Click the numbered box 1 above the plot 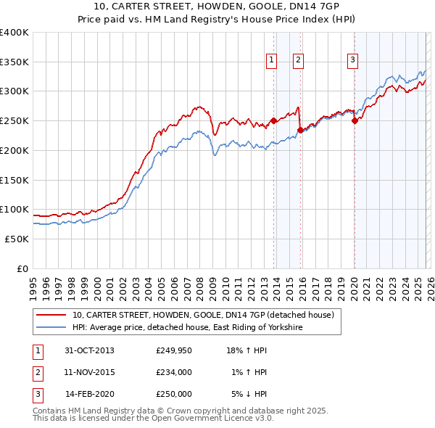pos(271,60)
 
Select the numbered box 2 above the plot pos(298,60)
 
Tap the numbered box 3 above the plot pos(352,60)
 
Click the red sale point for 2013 pos(274,121)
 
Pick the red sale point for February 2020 pos(355,121)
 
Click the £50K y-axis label pos(17,239)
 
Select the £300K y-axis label pos(14,91)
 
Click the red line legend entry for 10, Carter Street pos(202,316)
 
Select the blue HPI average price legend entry pos(186,328)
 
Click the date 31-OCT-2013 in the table pos(89,350)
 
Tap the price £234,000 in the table pos(174,372)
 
